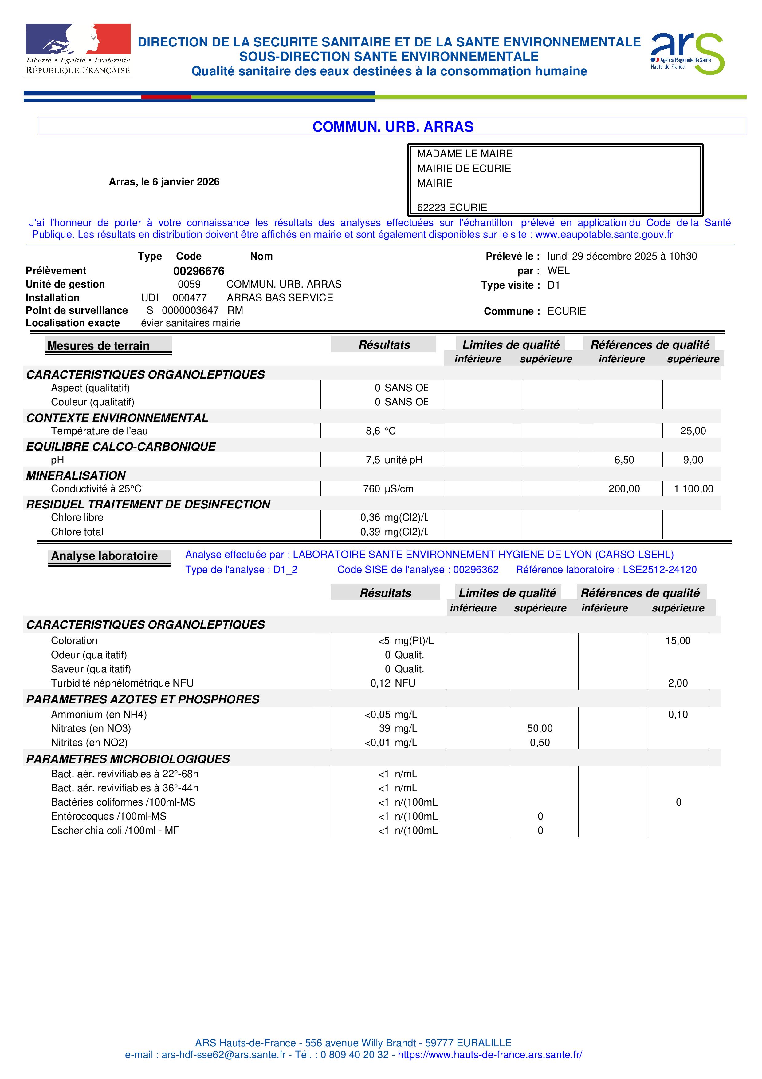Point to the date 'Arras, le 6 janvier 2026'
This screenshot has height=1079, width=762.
click(x=164, y=182)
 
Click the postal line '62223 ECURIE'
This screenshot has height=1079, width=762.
click(x=452, y=207)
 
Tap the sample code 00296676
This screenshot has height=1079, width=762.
click(x=198, y=271)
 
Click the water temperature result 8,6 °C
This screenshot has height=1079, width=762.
click(x=380, y=431)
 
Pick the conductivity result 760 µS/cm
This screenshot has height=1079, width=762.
click(x=388, y=489)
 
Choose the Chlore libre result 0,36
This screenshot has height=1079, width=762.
click(x=370, y=517)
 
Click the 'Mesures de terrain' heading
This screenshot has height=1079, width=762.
click(x=99, y=346)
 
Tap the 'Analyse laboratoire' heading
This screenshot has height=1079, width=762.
click(x=104, y=556)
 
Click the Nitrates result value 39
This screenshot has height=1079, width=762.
click(x=384, y=728)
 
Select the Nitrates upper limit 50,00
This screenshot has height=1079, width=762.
click(x=540, y=728)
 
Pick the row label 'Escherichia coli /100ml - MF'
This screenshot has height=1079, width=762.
click(x=115, y=830)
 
